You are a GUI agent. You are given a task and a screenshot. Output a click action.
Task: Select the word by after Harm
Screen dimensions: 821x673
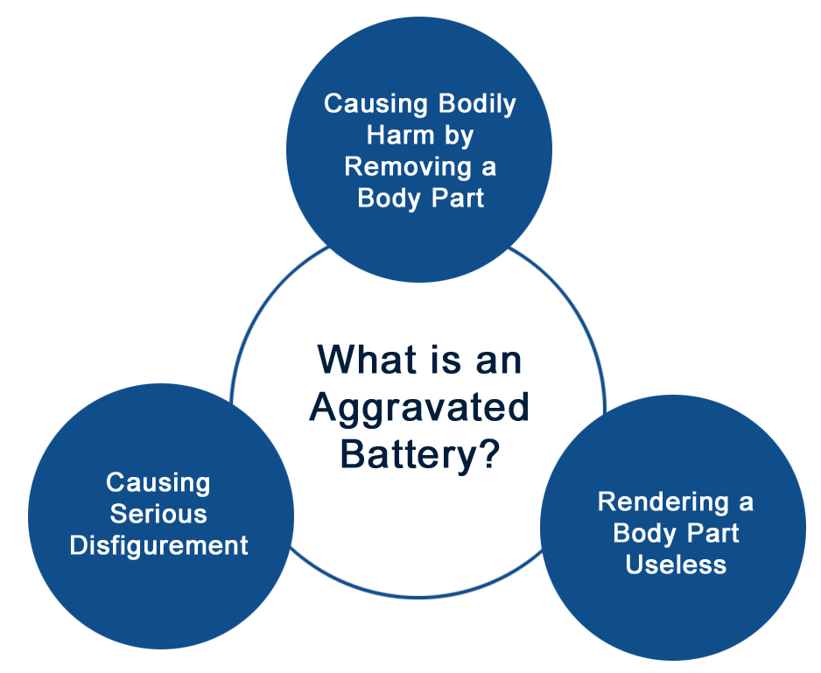[x=459, y=137]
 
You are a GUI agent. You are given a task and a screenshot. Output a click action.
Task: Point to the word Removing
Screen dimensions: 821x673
[x=401, y=168]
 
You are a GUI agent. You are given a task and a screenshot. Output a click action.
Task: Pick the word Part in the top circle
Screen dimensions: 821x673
[x=458, y=198]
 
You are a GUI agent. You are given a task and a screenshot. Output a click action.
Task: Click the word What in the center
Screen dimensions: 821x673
[x=367, y=360]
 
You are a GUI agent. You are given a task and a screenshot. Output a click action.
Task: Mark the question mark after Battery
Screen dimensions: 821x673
[x=488, y=452]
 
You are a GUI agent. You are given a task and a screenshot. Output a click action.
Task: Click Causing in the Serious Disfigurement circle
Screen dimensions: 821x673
[x=158, y=484]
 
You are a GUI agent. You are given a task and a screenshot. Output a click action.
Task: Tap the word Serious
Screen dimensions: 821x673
[x=158, y=515]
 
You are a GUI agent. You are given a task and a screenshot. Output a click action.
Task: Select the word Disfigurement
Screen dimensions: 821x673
[x=158, y=546]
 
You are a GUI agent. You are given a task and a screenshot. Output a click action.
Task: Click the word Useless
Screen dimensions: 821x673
[x=676, y=564]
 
